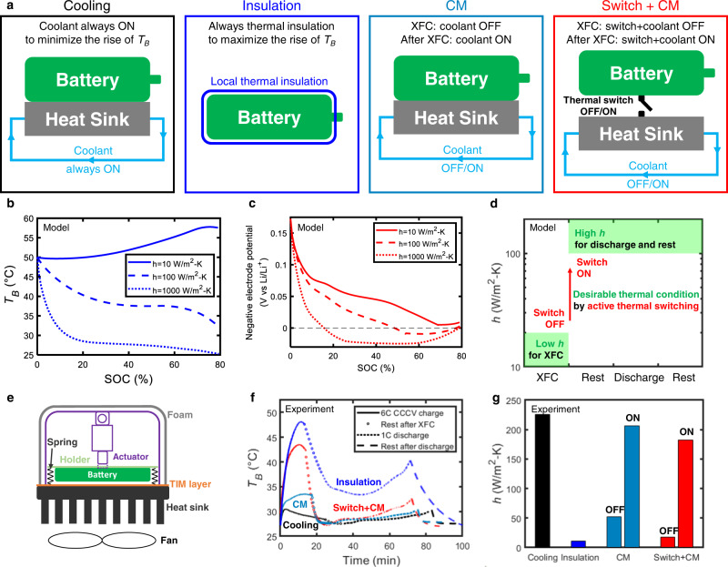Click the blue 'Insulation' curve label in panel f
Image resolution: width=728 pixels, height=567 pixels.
click(382, 481)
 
